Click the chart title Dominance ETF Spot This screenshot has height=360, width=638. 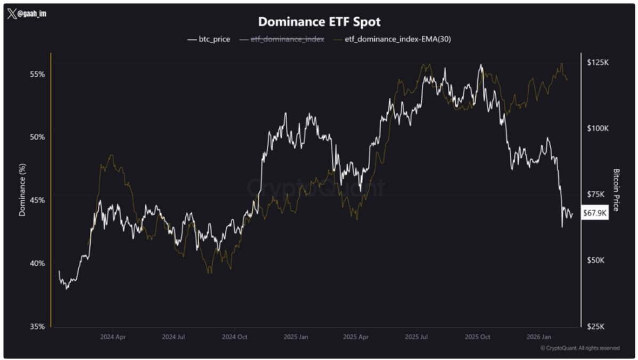(319, 22)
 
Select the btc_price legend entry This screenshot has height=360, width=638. (209, 39)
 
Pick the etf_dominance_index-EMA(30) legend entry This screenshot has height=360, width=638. (394, 39)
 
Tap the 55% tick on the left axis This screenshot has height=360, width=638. (37, 74)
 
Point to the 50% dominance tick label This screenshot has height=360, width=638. (37, 137)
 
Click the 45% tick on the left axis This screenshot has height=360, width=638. (37, 200)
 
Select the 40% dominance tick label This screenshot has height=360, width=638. (37, 263)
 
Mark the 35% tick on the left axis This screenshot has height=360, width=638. (37, 326)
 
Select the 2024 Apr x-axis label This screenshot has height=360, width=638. (113, 337)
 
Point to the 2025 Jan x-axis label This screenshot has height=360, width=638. (296, 337)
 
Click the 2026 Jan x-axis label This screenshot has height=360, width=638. (538, 337)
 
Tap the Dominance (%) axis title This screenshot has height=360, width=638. (22, 190)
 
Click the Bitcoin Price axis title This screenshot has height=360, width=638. (617, 190)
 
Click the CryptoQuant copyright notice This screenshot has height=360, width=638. (580, 348)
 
